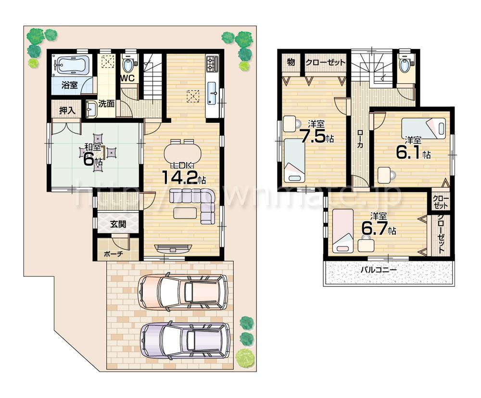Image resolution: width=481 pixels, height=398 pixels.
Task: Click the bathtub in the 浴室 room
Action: (x=71, y=64)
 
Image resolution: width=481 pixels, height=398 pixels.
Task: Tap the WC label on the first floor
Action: (x=127, y=78)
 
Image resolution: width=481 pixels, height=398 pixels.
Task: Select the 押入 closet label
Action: (x=67, y=110)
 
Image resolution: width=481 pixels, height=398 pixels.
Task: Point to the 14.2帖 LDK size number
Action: (x=183, y=177)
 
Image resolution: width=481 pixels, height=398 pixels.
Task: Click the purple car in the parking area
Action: (x=185, y=340)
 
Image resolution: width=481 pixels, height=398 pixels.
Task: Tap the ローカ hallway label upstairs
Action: (x=359, y=140)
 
